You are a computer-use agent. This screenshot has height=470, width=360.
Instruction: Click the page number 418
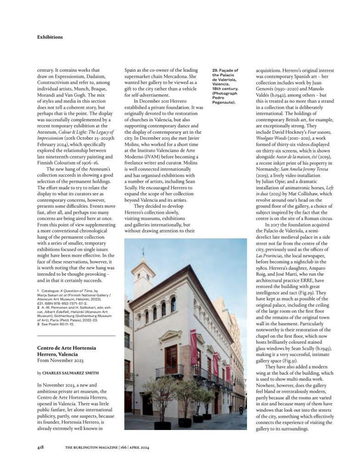tap(40, 447)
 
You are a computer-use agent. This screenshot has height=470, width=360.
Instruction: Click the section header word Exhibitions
tap(50, 37)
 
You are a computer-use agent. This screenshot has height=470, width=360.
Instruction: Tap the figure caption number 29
tap(215, 70)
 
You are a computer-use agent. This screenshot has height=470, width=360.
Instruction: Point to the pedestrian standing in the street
tap(231, 408)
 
